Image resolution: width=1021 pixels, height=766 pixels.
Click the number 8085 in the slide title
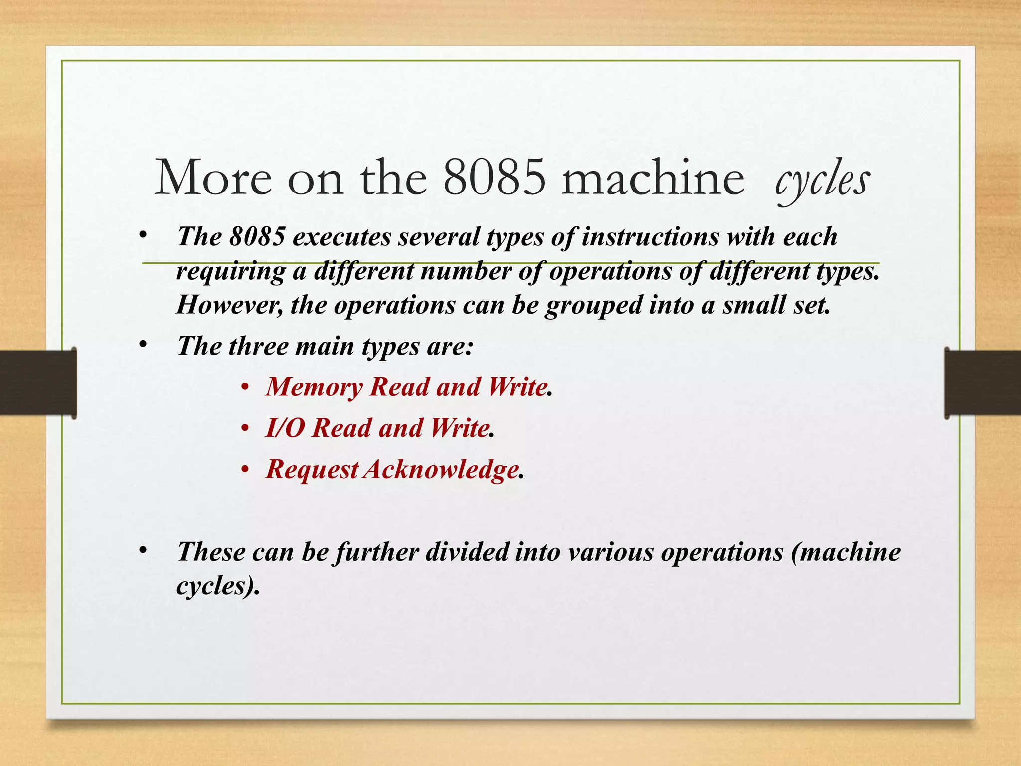pyautogui.click(x=494, y=178)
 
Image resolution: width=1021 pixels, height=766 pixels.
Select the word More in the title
pyautogui.click(x=213, y=178)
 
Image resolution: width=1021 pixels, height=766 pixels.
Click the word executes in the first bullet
pyautogui.click(x=341, y=236)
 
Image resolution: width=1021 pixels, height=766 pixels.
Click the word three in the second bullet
pyautogui.click(x=258, y=346)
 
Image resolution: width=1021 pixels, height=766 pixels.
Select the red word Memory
pyautogui.click(x=314, y=387)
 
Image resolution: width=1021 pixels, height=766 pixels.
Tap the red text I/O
pyautogui.click(x=285, y=428)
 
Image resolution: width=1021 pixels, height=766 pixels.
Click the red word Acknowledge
pyautogui.click(x=441, y=470)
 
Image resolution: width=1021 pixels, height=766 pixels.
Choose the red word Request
pyautogui.click(x=312, y=470)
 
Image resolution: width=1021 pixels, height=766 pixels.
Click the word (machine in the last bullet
pyautogui.click(x=846, y=552)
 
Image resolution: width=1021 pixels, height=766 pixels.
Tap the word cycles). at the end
pyautogui.click(x=218, y=586)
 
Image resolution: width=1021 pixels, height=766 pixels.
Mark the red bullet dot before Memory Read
pyautogui.click(x=244, y=387)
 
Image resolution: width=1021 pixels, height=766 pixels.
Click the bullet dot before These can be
pyautogui.click(x=143, y=550)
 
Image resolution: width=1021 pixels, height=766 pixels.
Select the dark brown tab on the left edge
pyautogui.click(x=38, y=383)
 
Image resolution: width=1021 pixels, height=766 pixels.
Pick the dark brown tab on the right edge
pyautogui.click(x=983, y=383)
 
